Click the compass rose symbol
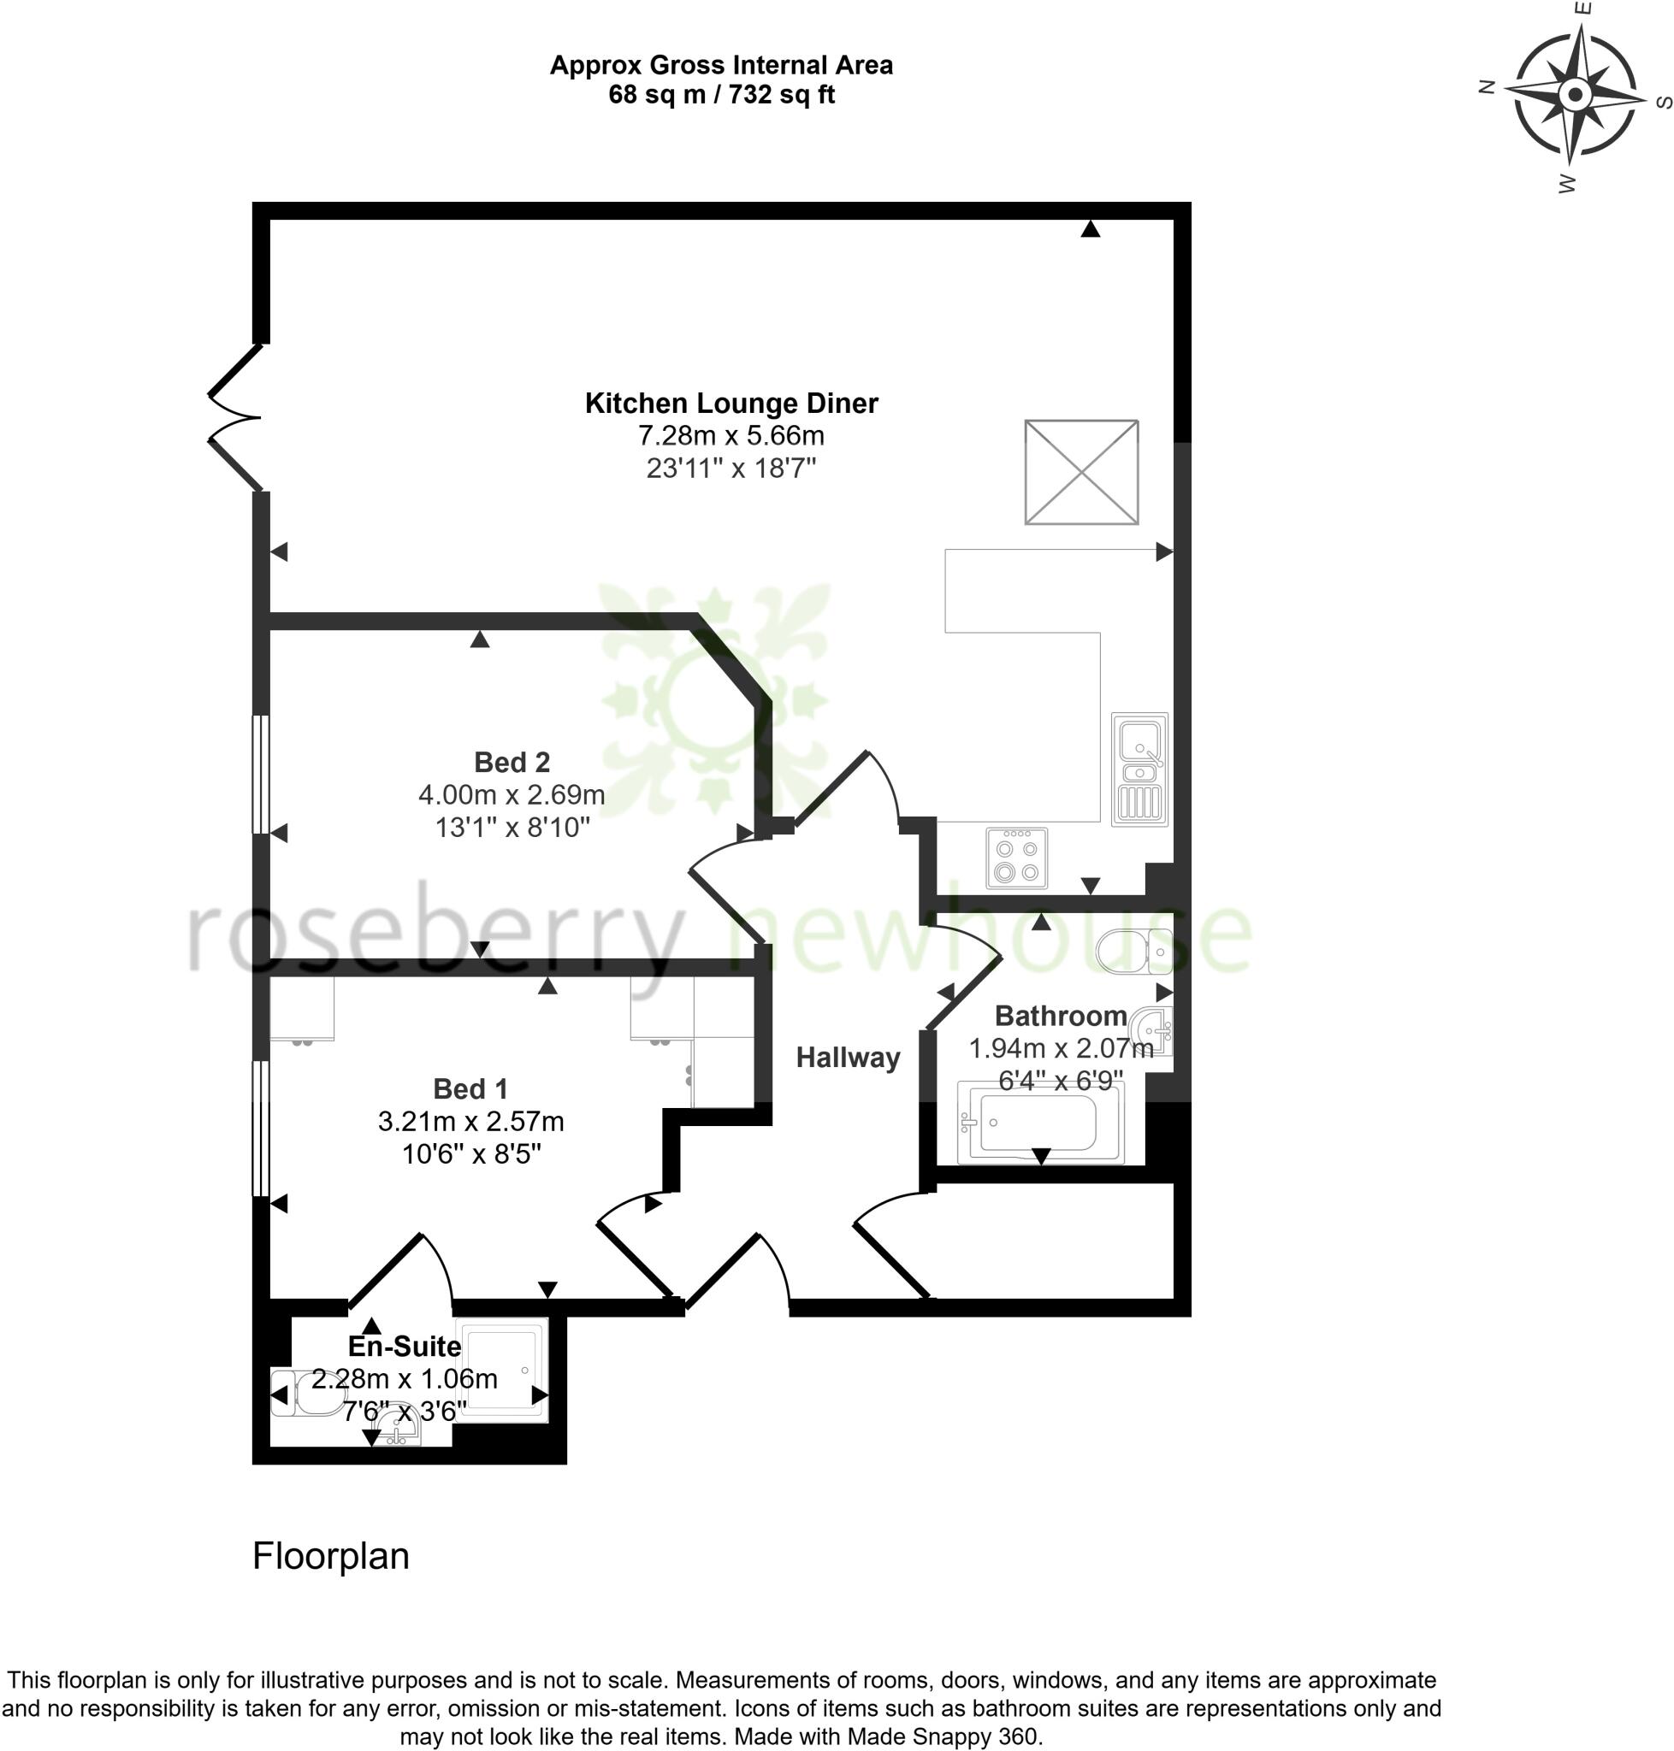click(1575, 93)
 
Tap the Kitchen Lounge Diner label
click(731, 404)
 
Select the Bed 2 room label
click(512, 762)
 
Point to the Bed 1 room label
click(470, 1088)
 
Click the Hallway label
click(848, 1057)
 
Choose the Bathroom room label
click(1060, 1015)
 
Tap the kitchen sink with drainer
click(1139, 769)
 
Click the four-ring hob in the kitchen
click(1016, 858)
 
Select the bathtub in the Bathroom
click(1039, 1122)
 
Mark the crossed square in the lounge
click(1081, 472)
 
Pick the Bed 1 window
click(261, 1128)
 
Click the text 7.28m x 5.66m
click(731, 435)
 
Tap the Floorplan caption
click(330, 1557)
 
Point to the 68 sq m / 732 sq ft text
click(721, 94)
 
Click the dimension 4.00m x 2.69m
click(512, 794)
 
